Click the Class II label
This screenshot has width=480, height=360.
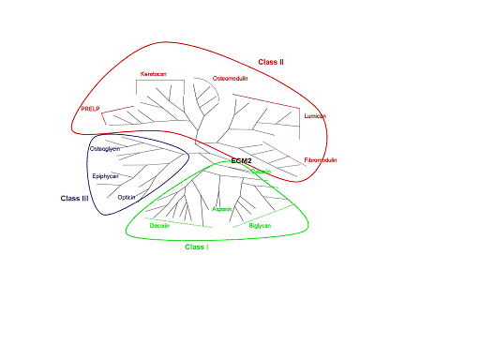pyautogui.click(x=271, y=61)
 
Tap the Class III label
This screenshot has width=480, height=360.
pyautogui.click(x=74, y=198)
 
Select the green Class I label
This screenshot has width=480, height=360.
pyautogui.click(x=196, y=247)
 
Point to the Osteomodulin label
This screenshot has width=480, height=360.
pyautogui.click(x=232, y=77)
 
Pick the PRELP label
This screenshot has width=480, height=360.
pyautogui.click(x=90, y=109)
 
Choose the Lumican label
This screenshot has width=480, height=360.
pyautogui.click(x=315, y=116)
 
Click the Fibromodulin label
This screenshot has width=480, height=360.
pyautogui.click(x=321, y=160)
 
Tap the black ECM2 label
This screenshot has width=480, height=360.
pyautogui.click(x=241, y=161)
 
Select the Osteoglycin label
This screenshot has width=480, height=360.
pyautogui.click(x=104, y=149)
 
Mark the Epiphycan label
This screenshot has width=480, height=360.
pyautogui.click(x=105, y=175)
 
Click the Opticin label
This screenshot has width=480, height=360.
pyautogui.click(x=127, y=197)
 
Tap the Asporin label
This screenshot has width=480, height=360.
pyautogui.click(x=222, y=209)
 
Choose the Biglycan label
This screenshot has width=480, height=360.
pyautogui.click(x=260, y=226)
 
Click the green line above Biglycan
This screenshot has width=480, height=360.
pyautogui.click(x=259, y=218)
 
